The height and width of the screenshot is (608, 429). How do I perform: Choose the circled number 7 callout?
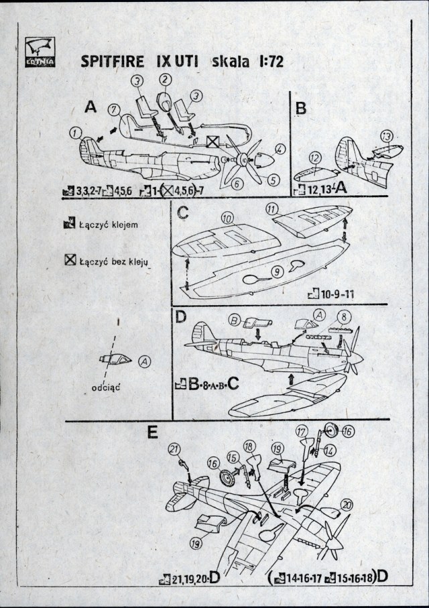[113, 109]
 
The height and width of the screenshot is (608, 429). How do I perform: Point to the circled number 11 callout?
[271, 209]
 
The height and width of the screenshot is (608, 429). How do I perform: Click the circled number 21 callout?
[175, 448]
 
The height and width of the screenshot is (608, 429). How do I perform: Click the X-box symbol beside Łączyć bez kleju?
[68, 260]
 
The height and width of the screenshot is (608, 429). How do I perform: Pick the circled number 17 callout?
[301, 432]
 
